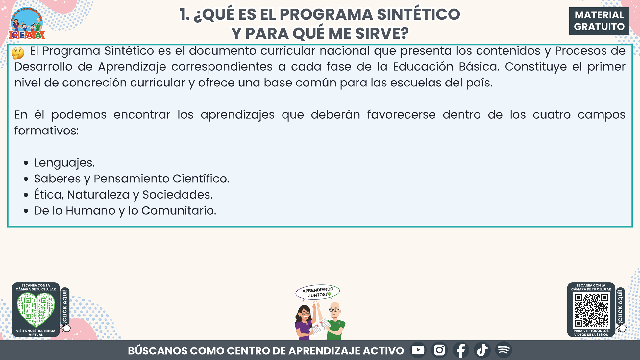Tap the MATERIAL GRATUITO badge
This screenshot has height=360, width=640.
(x=599, y=21)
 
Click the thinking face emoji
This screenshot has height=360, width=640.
(x=18, y=53)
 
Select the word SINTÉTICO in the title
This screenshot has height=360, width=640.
(x=418, y=14)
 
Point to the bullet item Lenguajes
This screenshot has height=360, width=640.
(x=64, y=163)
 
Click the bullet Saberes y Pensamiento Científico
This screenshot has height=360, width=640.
(x=132, y=179)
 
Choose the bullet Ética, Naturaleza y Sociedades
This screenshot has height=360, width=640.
(x=123, y=195)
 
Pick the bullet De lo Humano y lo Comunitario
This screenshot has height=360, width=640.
(x=125, y=210)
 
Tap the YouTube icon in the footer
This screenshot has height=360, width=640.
(x=418, y=350)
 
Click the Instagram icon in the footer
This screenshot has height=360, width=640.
(x=439, y=350)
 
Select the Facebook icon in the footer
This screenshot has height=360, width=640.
(x=461, y=350)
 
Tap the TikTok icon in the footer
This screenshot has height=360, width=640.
(x=482, y=350)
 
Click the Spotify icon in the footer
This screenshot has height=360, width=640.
(x=504, y=350)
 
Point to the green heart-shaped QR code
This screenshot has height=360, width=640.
(x=36, y=309)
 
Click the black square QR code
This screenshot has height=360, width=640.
(x=591, y=310)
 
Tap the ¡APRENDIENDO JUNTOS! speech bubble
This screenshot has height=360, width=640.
(x=317, y=293)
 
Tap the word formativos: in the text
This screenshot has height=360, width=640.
(x=47, y=131)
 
